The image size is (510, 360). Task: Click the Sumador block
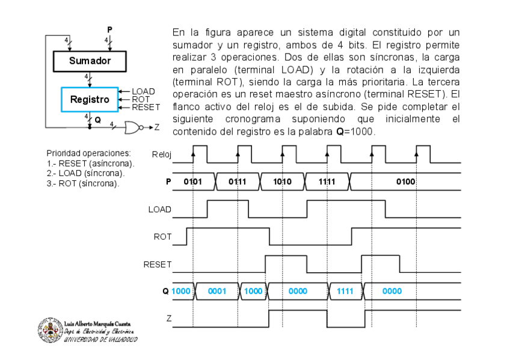[90, 61]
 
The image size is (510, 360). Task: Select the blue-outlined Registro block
[90, 99]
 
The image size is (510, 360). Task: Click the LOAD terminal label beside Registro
[143, 91]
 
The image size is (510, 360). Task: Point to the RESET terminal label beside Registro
[146, 107]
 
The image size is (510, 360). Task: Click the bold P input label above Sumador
[109, 29]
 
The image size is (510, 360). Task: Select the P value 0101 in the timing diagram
[192, 181]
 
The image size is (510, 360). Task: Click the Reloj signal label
[161, 154]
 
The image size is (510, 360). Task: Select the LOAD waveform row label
[159, 209]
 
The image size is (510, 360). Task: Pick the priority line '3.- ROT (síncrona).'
[83, 183]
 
